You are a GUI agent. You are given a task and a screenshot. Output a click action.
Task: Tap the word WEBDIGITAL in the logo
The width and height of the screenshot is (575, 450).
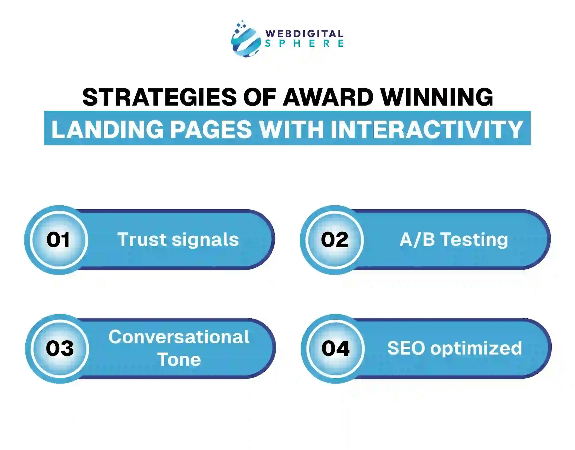304,34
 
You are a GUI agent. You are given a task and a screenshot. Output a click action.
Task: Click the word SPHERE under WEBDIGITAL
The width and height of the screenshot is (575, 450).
304,43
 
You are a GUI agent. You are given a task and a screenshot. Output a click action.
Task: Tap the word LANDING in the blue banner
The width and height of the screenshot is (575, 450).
107,129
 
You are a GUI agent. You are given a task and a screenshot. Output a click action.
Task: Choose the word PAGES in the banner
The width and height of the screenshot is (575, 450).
211,129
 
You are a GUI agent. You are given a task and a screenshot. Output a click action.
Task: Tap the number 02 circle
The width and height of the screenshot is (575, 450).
335,240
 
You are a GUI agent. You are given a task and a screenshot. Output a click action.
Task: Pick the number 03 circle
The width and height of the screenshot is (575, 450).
60,349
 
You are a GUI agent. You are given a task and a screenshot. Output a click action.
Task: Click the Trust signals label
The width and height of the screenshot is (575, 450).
178,240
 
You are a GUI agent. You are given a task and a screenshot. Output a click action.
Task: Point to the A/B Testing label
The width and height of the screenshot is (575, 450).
454,240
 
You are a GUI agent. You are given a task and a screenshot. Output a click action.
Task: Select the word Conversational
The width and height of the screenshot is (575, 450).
179,337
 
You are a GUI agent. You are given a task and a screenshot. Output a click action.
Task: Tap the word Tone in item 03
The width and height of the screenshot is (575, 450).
179,360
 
